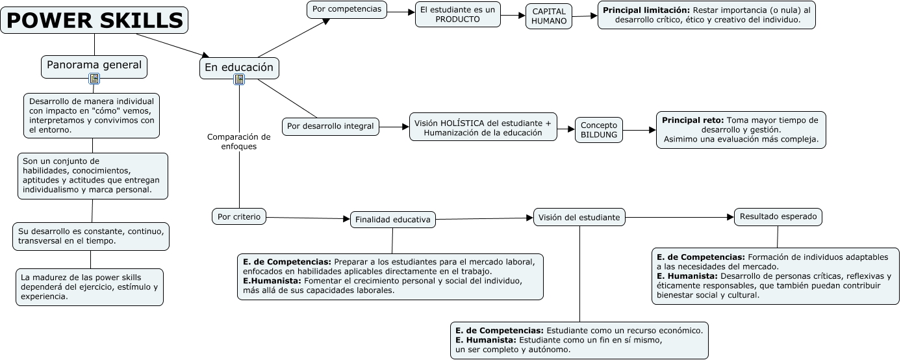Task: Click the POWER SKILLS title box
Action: click(x=95, y=21)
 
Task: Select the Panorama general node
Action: click(x=94, y=65)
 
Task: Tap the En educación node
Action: click(x=239, y=68)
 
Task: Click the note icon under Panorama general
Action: click(x=94, y=79)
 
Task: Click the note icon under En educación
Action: click(x=239, y=80)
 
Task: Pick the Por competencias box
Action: click(x=347, y=9)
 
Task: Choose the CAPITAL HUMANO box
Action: click(x=549, y=16)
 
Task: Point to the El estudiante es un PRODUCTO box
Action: click(x=457, y=14)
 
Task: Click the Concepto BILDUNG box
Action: click(x=599, y=130)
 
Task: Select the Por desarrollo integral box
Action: click(x=331, y=126)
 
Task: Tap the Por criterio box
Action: click(x=238, y=216)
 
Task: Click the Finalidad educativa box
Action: click(x=392, y=220)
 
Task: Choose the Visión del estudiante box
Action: click(x=579, y=217)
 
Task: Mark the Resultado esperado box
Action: click(x=778, y=216)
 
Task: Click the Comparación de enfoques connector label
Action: click(x=238, y=142)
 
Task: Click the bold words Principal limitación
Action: click(x=646, y=10)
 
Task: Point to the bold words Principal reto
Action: click(x=692, y=120)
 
